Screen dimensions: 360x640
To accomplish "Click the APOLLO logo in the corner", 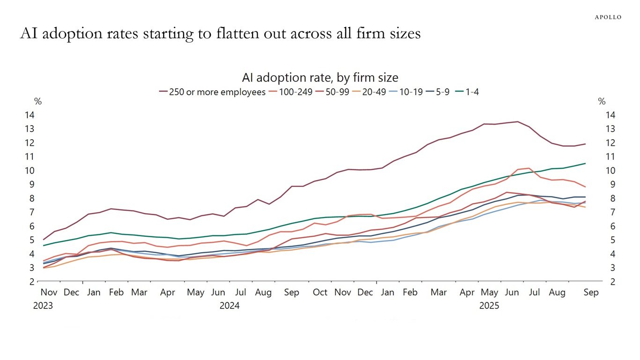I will pyautogui.click(x=608, y=17).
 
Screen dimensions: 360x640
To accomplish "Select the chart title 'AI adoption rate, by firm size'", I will pyautogui.click(x=320, y=77).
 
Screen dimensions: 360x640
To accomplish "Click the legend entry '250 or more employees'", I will pyautogui.click(x=218, y=92).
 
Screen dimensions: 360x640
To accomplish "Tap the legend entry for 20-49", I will pyautogui.click(x=374, y=92).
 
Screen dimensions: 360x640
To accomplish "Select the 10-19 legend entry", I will pyautogui.click(x=410, y=92).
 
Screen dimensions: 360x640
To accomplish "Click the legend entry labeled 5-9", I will pyautogui.click(x=441, y=92).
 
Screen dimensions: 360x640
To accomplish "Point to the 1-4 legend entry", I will pyautogui.click(x=471, y=92).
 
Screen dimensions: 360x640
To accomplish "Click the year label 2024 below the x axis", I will pyautogui.click(x=229, y=306).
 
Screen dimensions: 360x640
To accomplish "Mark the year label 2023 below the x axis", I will pyautogui.click(x=43, y=306).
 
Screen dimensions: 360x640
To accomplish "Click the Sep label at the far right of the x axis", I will pyautogui.click(x=591, y=292).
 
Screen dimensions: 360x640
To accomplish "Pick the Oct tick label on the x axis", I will pyautogui.click(x=320, y=292).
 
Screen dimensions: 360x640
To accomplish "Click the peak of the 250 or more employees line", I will pyautogui.click(x=517, y=122).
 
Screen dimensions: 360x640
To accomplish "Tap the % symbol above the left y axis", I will pyautogui.click(x=38, y=102).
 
